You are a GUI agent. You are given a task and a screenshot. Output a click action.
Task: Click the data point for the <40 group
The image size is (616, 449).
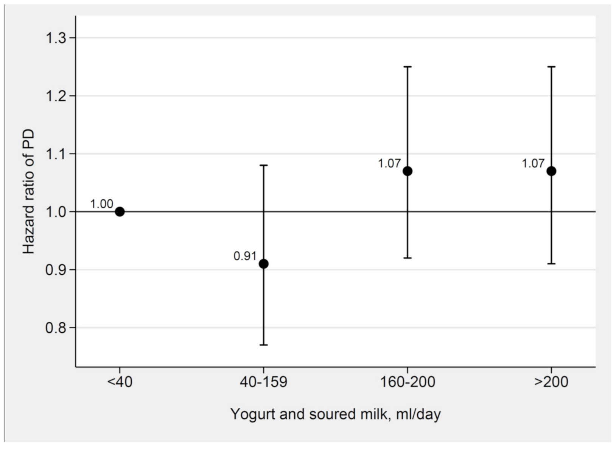[120, 212]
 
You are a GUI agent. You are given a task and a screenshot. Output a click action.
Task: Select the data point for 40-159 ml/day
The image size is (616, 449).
[264, 264]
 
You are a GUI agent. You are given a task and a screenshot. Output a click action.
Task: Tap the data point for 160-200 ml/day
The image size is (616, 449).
[408, 171]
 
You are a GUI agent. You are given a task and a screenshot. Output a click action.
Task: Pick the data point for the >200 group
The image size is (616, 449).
[551, 171]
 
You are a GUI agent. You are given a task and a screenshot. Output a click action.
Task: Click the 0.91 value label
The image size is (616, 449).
[245, 257]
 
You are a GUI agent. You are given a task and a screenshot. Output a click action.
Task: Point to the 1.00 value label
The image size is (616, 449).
[101, 204]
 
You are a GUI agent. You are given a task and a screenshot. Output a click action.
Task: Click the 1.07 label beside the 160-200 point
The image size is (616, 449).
[389, 164]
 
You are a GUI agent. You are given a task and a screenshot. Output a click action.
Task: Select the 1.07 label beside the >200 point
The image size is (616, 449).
[533, 164]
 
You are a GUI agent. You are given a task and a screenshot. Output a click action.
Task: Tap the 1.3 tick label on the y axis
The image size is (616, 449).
[56, 38]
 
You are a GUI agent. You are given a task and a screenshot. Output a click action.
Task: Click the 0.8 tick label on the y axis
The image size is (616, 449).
[56, 328]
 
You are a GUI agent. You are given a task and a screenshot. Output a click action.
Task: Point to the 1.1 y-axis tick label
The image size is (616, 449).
[56, 154]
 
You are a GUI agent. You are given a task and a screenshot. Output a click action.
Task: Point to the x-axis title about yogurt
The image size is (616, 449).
[335, 414]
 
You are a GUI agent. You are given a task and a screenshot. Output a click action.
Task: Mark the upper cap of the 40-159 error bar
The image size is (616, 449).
[264, 165]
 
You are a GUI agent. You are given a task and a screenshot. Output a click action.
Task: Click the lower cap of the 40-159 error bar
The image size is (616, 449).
[264, 345]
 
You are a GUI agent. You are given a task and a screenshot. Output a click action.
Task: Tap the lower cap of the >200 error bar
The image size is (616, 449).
[551, 263]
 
